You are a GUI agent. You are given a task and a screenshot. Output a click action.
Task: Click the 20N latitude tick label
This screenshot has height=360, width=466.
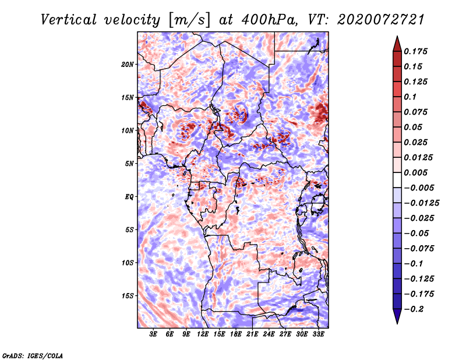(x=128, y=65)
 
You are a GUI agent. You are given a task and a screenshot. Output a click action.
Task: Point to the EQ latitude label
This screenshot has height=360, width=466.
(x=129, y=197)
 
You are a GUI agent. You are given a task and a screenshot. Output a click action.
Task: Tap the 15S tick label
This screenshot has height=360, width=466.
(x=128, y=296)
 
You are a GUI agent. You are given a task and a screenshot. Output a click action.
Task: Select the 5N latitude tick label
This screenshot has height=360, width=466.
(x=129, y=164)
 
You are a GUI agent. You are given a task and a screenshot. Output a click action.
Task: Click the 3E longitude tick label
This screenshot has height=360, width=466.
(x=153, y=334)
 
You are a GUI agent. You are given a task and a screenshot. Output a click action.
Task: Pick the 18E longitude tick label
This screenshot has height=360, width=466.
(x=235, y=334)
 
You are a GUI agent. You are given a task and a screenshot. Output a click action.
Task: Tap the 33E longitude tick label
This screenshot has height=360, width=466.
(x=318, y=334)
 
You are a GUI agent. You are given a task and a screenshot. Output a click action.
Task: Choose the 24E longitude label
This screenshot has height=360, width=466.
(x=269, y=334)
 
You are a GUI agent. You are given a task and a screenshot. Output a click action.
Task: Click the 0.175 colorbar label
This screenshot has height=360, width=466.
(x=415, y=51)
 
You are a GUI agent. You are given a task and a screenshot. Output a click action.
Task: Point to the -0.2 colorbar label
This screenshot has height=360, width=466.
(x=414, y=309)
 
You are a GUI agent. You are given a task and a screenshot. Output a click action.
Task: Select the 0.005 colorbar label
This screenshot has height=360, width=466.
(x=415, y=172)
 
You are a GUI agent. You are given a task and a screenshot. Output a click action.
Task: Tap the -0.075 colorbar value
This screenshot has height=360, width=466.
(x=419, y=249)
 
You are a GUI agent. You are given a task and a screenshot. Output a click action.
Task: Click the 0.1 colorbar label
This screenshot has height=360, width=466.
(x=410, y=97)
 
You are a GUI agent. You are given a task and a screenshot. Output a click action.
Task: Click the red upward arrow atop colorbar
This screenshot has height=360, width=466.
(x=397, y=44)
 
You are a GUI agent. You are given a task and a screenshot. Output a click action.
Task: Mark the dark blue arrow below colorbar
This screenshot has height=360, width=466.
(x=397, y=316)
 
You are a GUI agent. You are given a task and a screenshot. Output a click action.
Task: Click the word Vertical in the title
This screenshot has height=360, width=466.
(x=68, y=20)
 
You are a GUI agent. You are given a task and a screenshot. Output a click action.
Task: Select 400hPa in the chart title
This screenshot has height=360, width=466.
(x=270, y=20)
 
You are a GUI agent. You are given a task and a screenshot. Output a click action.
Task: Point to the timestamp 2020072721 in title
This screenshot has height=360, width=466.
(x=380, y=20)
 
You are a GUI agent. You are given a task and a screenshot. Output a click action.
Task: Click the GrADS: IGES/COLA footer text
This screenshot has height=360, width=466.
(x=33, y=355)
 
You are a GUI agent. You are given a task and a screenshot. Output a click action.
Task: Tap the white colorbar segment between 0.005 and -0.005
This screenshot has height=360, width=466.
(x=397, y=180)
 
